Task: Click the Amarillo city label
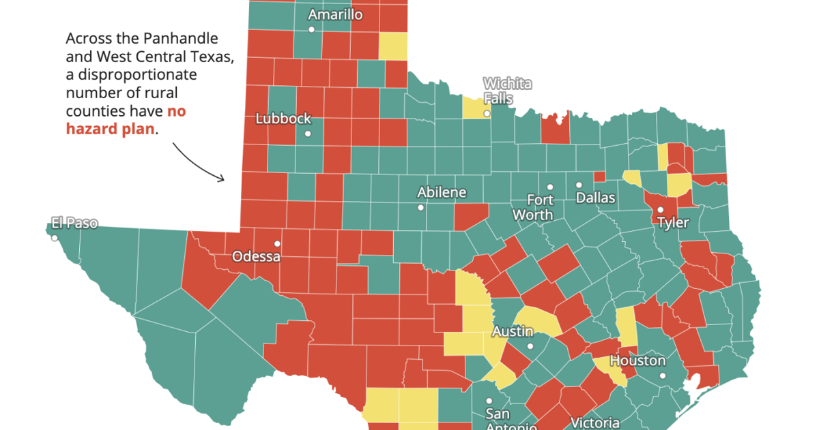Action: [335, 15]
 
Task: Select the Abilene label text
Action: [442, 192]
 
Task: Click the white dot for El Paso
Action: [54, 238]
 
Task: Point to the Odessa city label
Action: [256, 257]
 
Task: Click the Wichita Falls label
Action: [507, 91]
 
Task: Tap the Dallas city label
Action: [595, 198]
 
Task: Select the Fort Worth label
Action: [539, 207]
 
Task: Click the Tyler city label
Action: [673, 223]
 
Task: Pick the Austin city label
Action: [513, 332]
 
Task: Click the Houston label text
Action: [637, 360]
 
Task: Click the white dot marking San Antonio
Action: [489, 401]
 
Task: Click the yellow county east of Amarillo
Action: [392, 46]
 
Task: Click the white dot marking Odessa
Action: [277, 243]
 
